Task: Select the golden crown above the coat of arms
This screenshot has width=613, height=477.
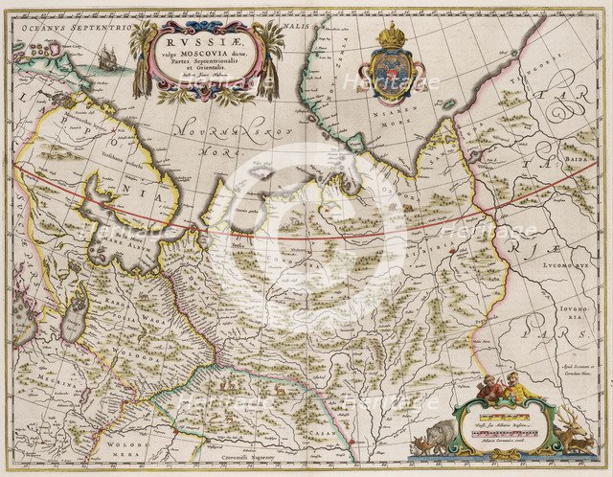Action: point(390,36)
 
